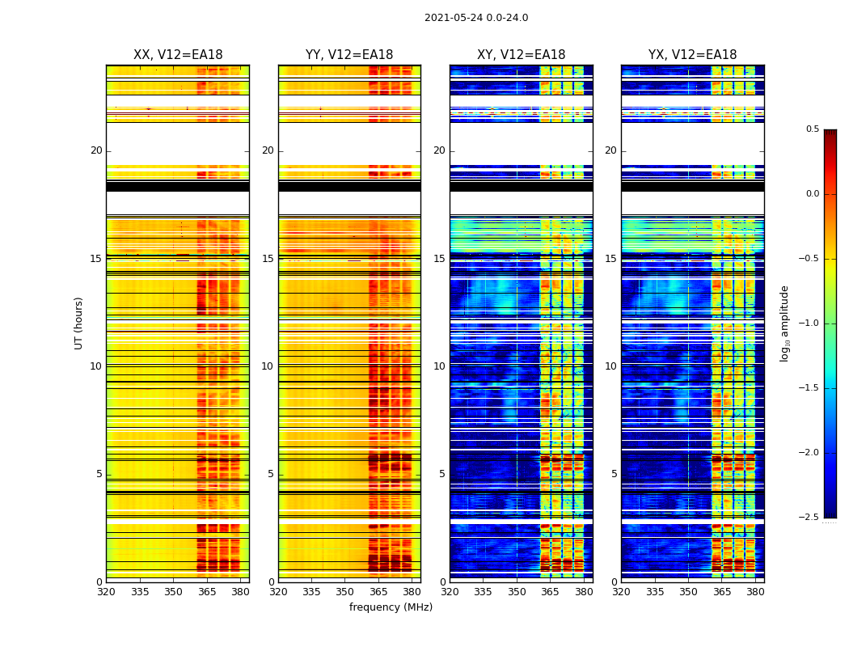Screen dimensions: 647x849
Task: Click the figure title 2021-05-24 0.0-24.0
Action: [476, 18]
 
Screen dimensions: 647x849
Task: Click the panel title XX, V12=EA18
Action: [178, 55]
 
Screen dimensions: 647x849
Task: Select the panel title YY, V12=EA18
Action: [349, 55]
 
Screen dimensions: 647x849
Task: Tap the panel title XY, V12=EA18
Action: [521, 55]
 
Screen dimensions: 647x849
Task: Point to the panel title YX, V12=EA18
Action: [692, 55]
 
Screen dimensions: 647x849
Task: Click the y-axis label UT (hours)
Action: [79, 323]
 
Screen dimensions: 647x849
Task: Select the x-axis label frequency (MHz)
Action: [391, 607]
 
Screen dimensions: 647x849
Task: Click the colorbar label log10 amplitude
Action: [784, 323]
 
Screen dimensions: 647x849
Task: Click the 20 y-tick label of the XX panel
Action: [96, 150]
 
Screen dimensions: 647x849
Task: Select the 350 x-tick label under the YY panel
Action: [345, 592]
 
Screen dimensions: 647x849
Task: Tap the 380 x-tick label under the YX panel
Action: [755, 592]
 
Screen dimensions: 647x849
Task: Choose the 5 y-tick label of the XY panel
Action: [442, 474]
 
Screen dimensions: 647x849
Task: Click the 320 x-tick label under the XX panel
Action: [106, 592]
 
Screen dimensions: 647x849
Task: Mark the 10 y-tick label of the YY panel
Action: [268, 366]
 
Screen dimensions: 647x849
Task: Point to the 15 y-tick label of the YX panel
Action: [610, 259]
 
